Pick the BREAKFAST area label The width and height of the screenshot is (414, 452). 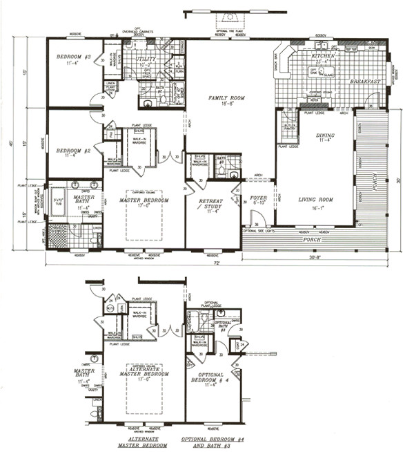point(365,82)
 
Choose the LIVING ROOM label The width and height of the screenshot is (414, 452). point(316,199)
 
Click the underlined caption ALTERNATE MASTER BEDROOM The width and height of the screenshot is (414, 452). point(144,442)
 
